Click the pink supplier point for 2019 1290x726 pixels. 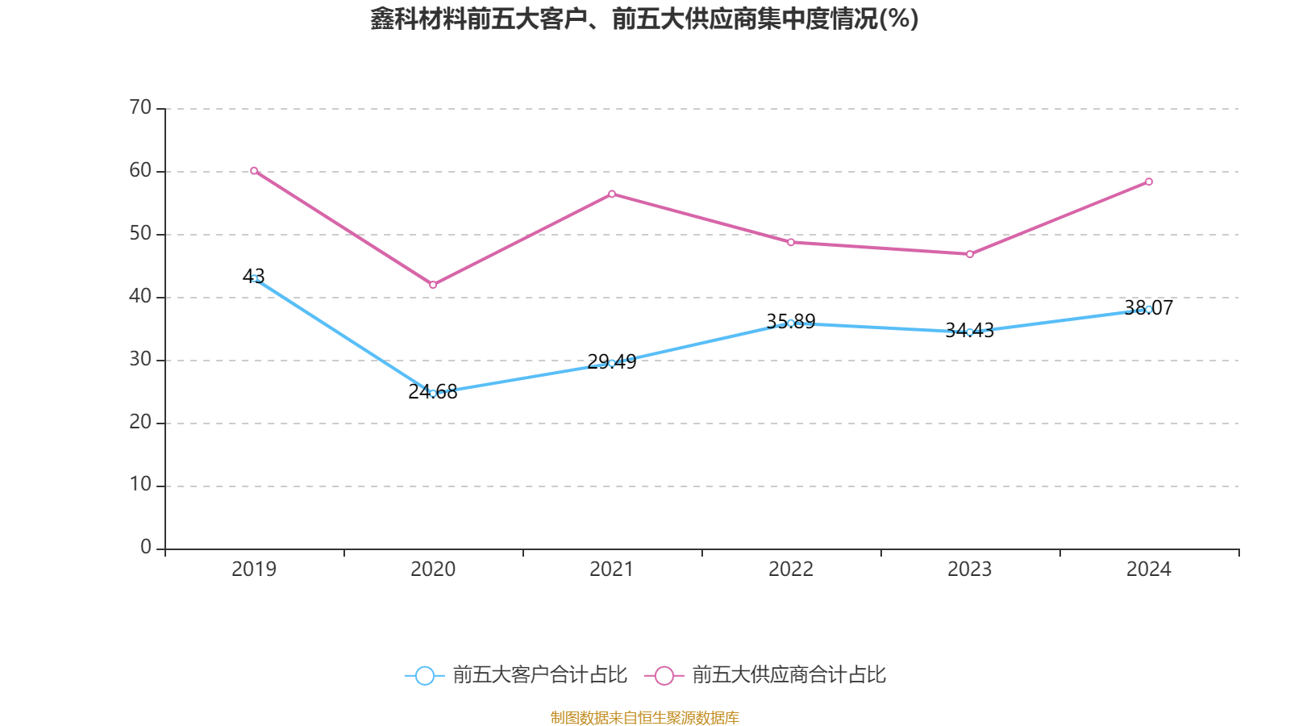254,171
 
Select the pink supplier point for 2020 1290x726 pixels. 433,285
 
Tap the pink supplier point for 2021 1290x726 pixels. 612,194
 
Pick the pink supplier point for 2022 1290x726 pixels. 791,242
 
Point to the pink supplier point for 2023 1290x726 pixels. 970,254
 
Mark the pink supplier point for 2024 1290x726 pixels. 1149,181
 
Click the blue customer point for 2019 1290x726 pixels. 254,278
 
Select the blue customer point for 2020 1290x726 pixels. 433,394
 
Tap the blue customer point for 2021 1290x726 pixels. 612,363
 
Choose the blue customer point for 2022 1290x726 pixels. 791,323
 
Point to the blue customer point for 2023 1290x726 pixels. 970,332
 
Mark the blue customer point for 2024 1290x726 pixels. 1149,309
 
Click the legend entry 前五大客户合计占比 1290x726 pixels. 517,675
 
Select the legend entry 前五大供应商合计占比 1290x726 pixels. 766,675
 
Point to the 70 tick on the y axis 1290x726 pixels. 140,108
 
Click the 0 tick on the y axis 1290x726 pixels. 146,548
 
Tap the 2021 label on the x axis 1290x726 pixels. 612,570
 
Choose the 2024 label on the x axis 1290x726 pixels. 1149,570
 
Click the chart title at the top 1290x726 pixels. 645,19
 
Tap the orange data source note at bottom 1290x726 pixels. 645,717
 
